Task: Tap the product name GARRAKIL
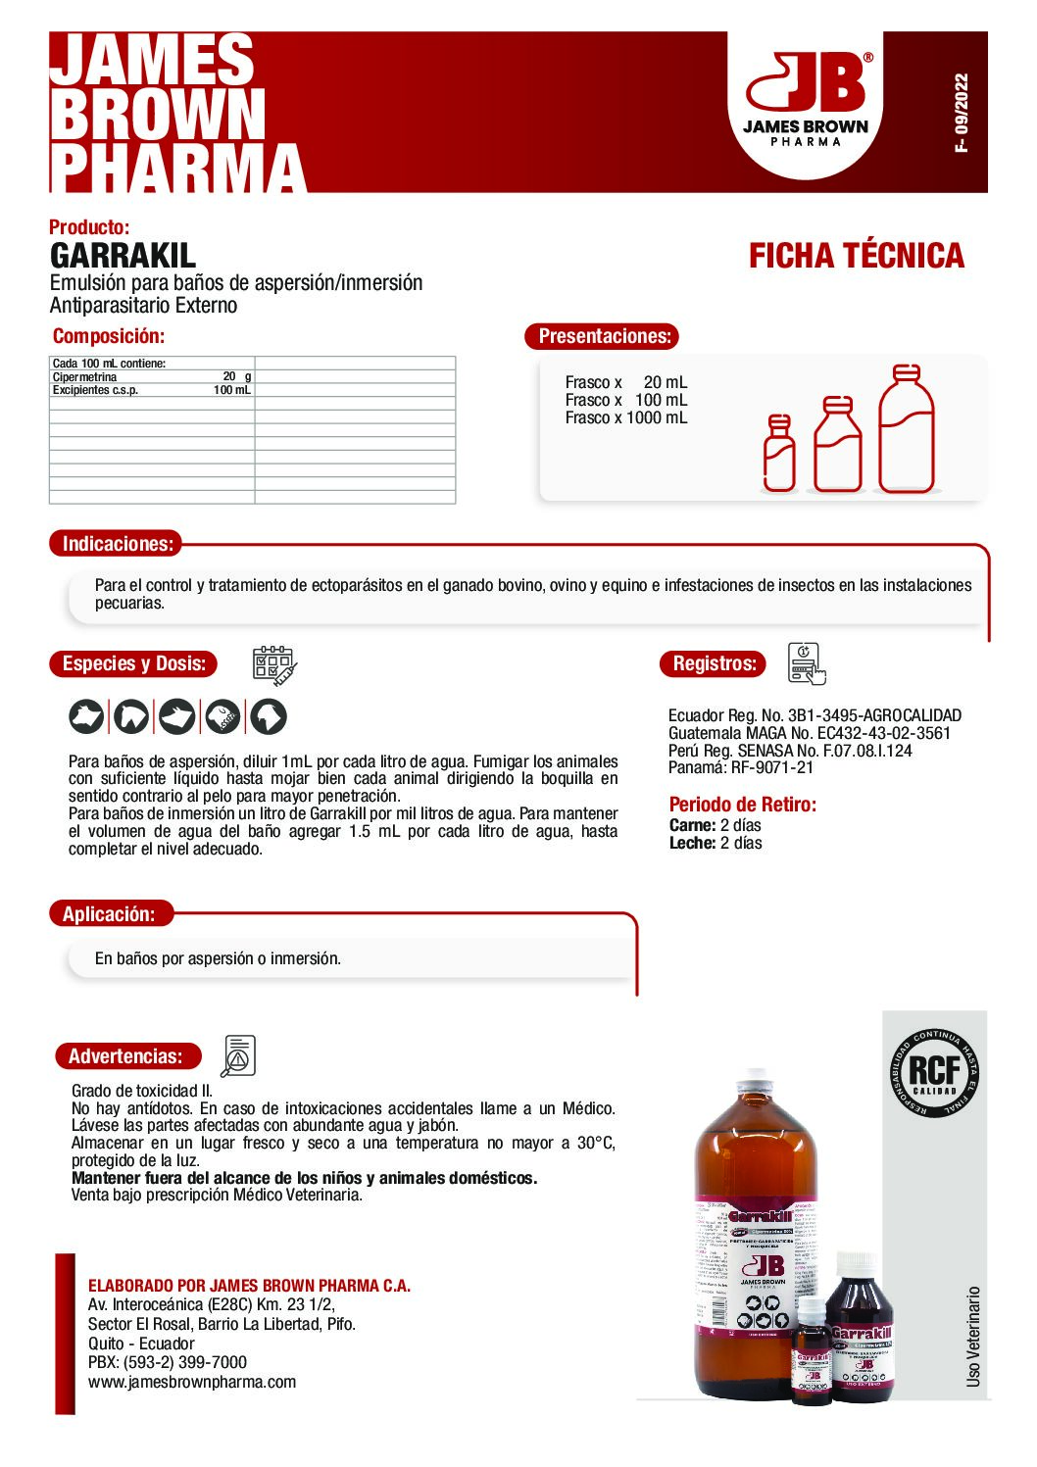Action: [x=123, y=256]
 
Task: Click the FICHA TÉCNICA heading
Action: [x=856, y=256]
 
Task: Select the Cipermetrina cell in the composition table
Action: [x=85, y=376]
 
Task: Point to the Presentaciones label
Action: [x=603, y=336]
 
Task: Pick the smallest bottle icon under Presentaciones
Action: [x=779, y=453]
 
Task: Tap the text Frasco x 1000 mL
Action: [x=625, y=417]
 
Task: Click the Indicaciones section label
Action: [x=117, y=544]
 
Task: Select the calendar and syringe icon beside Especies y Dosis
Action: [x=274, y=665]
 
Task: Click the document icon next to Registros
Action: [x=807, y=663]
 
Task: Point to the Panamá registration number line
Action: [x=740, y=767]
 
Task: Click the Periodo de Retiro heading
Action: [x=742, y=805]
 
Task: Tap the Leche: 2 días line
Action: [x=716, y=843]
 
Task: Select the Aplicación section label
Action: [x=109, y=914]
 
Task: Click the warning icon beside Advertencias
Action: [x=238, y=1055]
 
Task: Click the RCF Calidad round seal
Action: [x=934, y=1073]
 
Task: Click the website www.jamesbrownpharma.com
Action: [x=191, y=1382]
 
